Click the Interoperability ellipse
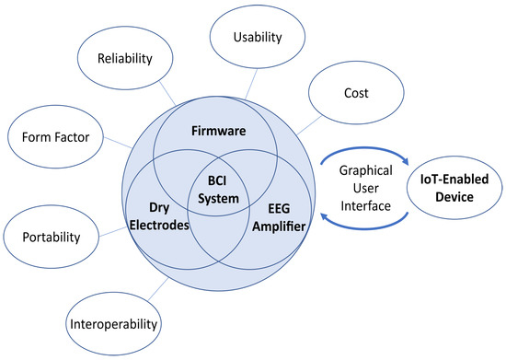(x=115, y=323)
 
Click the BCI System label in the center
(x=217, y=189)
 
